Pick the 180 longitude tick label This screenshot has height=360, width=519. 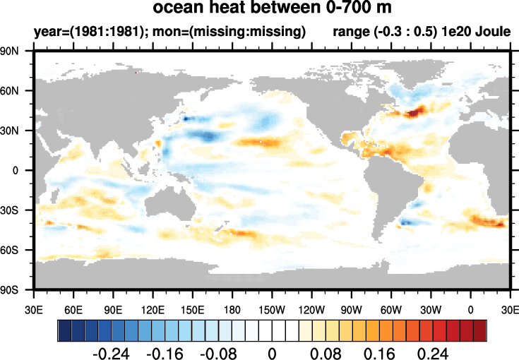232,310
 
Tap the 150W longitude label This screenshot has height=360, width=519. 271,310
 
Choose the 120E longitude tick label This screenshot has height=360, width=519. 153,310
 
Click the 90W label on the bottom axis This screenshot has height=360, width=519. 351,310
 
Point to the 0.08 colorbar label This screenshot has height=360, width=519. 326,351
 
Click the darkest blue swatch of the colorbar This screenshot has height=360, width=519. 64,330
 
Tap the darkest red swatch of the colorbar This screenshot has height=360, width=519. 480,330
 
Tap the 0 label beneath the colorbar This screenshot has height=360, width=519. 272,351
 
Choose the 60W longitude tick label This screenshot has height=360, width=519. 390,310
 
